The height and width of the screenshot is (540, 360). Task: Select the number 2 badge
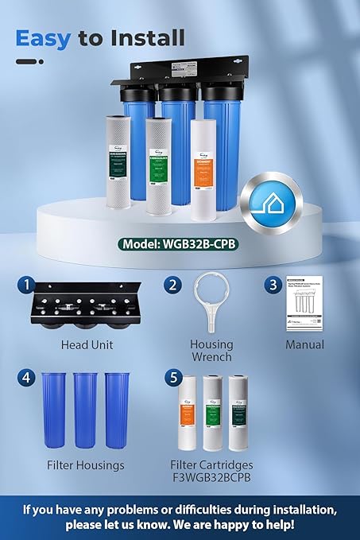[172, 286]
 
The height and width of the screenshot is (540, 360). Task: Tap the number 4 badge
[28, 378]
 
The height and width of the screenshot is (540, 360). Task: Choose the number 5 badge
[171, 378]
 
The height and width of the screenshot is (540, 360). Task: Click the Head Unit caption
[87, 345]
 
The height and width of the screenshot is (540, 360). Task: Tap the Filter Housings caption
[86, 464]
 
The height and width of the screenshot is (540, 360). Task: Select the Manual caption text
[305, 345]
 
